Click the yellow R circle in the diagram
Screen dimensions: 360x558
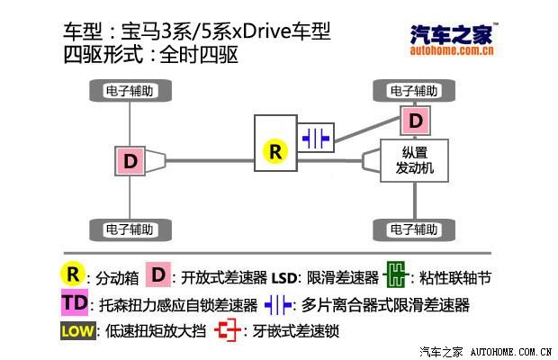(x=275, y=151)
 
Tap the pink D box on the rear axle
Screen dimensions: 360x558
(x=131, y=162)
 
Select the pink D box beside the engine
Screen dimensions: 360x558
(x=415, y=121)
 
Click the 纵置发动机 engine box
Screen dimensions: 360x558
(x=415, y=161)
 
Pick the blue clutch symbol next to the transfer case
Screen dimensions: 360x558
(x=316, y=139)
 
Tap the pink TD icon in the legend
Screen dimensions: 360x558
(x=76, y=303)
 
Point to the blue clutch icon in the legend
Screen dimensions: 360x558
(x=279, y=303)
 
